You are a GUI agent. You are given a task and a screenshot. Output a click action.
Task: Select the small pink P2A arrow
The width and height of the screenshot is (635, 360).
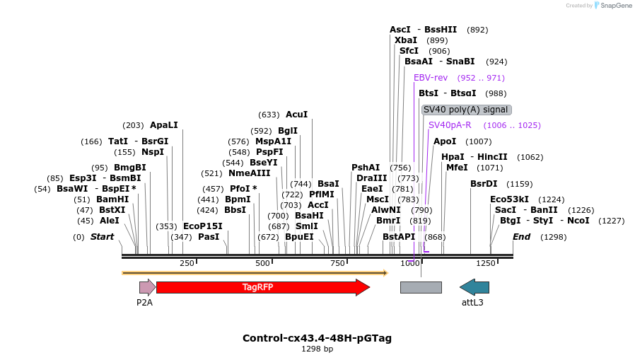147,287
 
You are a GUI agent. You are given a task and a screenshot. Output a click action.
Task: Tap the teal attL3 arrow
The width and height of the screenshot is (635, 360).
474,287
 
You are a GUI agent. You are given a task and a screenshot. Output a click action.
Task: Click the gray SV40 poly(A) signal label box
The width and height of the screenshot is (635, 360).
466,110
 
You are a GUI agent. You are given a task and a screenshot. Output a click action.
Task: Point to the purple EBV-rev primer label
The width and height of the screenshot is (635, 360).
431,78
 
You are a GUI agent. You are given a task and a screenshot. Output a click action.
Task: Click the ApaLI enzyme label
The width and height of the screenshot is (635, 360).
164,125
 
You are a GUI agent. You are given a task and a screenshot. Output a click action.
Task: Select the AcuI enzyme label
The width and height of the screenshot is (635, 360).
297,115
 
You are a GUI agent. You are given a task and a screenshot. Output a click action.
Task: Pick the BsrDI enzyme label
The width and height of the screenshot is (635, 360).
484,184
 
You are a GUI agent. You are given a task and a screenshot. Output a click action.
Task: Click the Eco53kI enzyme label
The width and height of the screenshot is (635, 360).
509,199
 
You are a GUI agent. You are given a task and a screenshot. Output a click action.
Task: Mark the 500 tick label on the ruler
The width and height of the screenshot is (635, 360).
262,264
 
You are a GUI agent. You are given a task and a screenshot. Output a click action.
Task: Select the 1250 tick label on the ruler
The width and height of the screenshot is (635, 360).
486,264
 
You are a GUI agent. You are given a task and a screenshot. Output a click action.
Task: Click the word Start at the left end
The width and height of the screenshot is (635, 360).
102,237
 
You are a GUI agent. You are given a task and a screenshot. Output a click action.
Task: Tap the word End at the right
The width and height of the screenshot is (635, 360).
521,237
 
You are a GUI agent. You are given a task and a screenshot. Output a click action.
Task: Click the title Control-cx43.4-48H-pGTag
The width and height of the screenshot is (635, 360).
317,338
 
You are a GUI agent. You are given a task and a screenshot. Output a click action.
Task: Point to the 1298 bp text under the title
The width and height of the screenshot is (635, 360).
317,349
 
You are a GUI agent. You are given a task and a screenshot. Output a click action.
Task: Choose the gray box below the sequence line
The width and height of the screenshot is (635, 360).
421,287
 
